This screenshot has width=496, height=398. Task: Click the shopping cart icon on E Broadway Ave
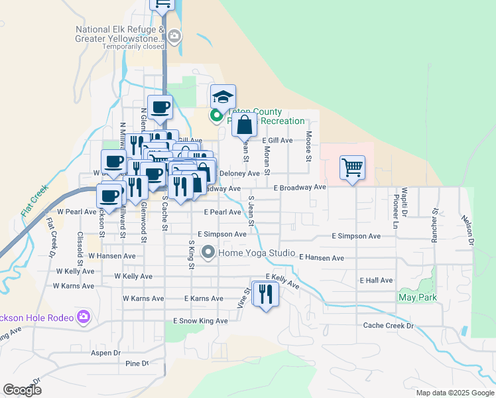pyautogui.click(x=352, y=166)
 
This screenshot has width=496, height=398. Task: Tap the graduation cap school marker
pyautogui.click(x=223, y=97)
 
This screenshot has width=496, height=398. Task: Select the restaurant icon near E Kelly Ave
pyautogui.click(x=266, y=293)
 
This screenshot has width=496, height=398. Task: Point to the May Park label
pyautogui.click(x=416, y=298)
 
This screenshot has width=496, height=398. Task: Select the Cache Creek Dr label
pyautogui.click(x=388, y=326)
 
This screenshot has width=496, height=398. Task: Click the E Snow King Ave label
pyautogui.click(x=200, y=321)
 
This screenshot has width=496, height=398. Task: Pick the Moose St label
pyautogui.click(x=308, y=147)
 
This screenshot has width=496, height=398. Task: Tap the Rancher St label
pyautogui.click(x=435, y=225)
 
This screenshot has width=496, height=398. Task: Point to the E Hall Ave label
pyautogui.click(x=377, y=281)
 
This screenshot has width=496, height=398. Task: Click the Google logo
pyautogui.click(x=23, y=389)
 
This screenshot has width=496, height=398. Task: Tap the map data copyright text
pyautogui.click(x=454, y=393)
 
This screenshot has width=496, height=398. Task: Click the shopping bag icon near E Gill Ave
pyautogui.click(x=245, y=124)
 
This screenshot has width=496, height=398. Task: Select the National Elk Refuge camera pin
pyautogui.click(x=174, y=36)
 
